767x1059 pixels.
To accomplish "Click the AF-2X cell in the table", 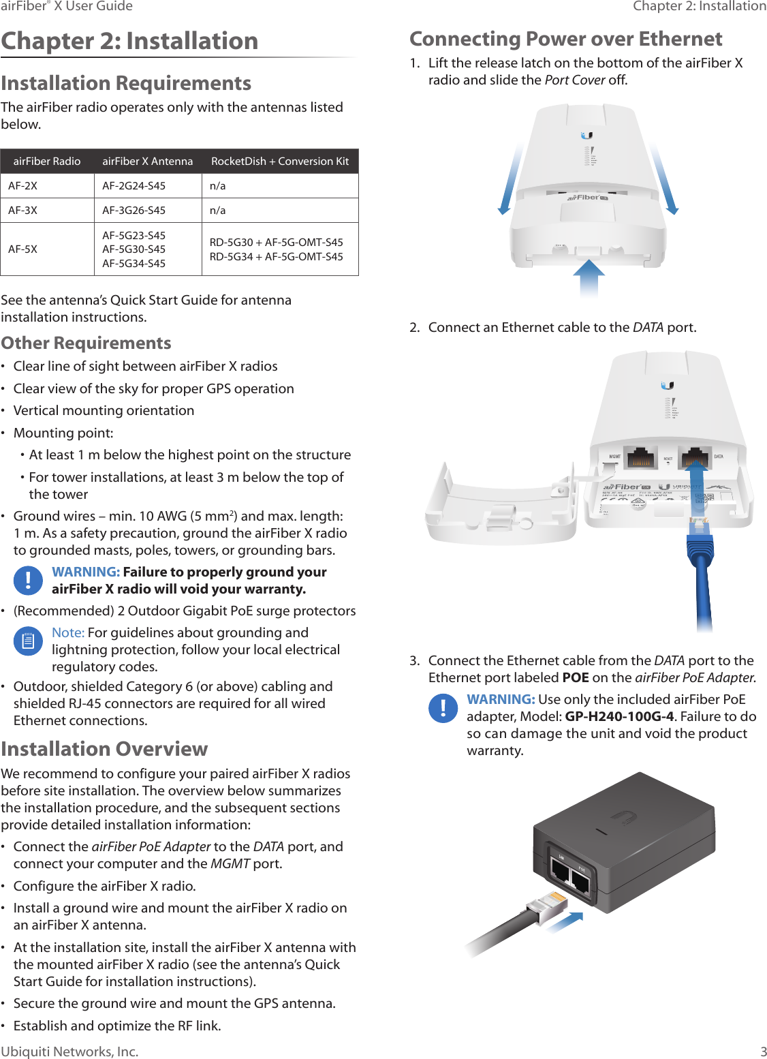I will pos(22,186).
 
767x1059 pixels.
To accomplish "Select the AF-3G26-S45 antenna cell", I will pos(134,211).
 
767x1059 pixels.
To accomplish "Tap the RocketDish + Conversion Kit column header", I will pos(279,162).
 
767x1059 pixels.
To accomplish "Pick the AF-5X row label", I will pos(22,249).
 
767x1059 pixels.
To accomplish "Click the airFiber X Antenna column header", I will pos(147,162).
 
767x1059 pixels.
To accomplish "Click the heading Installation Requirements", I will pos(126,83).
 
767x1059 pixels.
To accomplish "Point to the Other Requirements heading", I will pos(86,343).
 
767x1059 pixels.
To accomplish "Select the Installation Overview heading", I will pos(104,749).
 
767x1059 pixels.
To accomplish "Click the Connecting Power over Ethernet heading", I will pos(565,39).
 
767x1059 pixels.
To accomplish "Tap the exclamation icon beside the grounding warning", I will pos(28,580).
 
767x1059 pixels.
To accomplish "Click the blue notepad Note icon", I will pos(28,641).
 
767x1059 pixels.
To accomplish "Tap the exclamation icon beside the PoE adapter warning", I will pos(443,707).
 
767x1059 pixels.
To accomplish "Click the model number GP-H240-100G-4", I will pos(619,716).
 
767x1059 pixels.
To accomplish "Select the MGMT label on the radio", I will pos(614,457).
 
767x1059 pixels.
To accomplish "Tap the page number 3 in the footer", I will pos(763,1052).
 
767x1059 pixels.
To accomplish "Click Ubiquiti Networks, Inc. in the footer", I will pos(69,1052).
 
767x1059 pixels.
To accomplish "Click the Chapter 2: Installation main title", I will pos(129,41).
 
